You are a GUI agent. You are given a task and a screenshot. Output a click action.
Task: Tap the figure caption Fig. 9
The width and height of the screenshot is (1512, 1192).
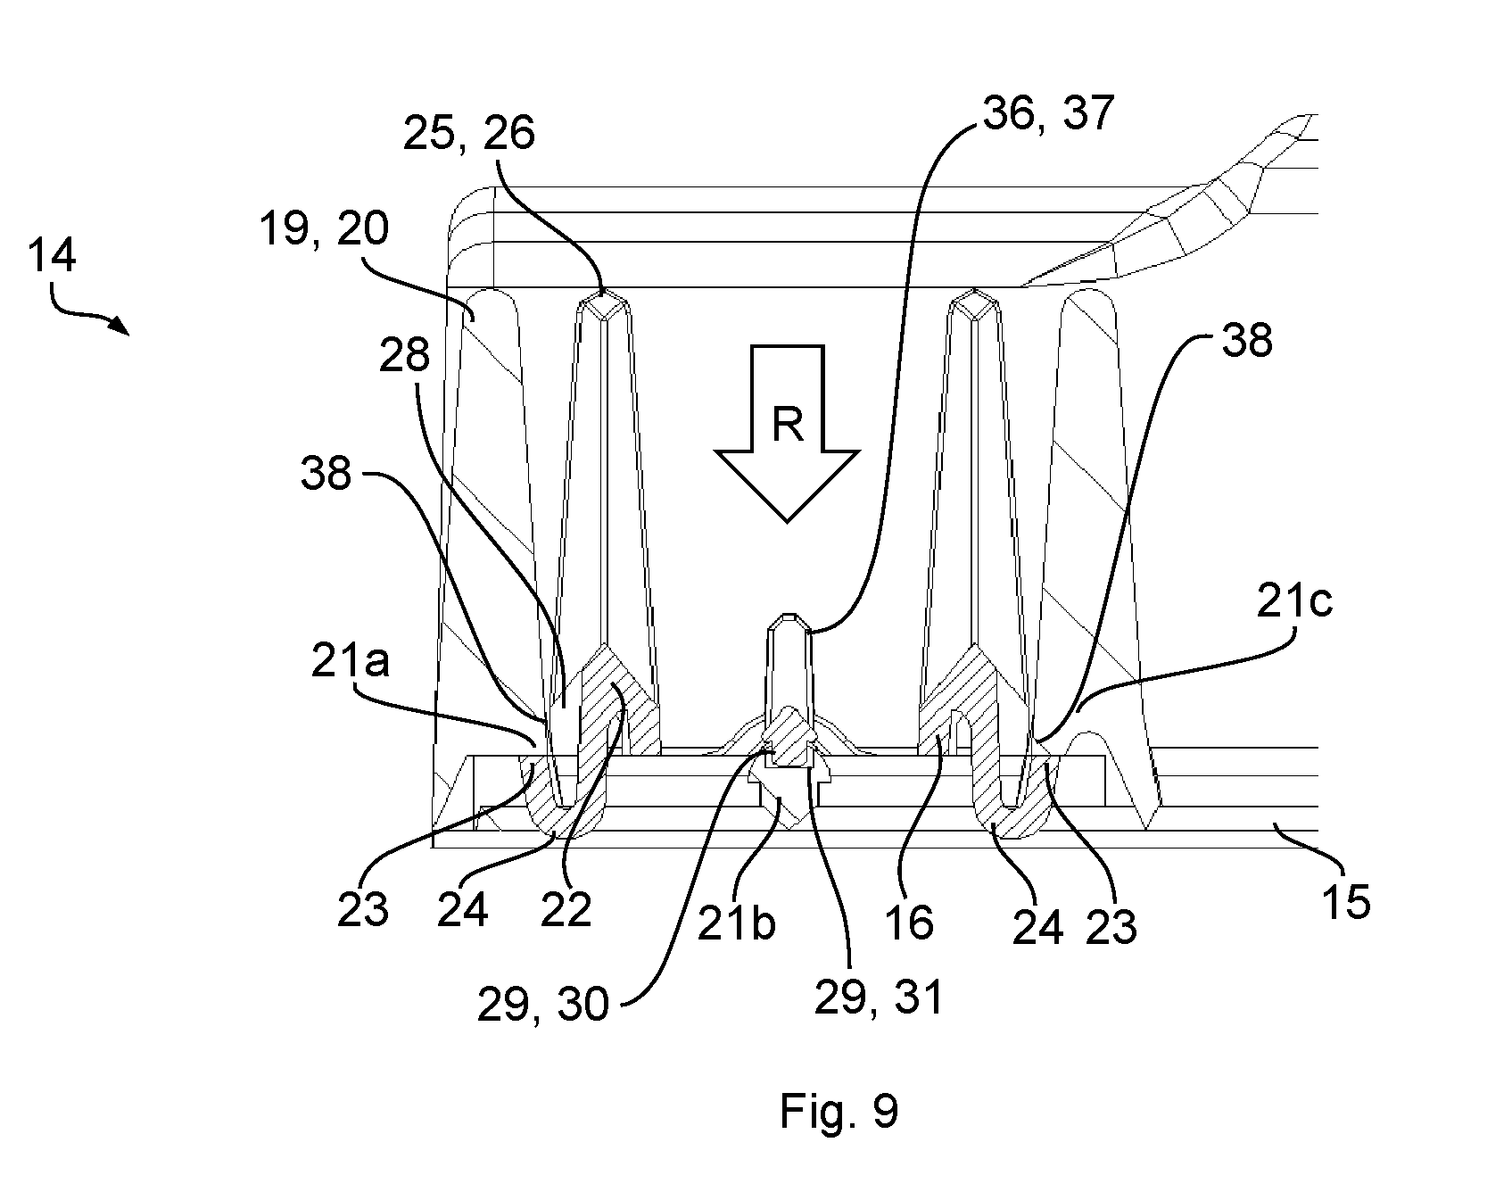839,1112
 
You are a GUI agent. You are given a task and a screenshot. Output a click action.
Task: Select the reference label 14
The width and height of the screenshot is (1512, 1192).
52,256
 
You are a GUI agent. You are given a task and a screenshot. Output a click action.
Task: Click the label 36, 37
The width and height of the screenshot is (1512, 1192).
1048,113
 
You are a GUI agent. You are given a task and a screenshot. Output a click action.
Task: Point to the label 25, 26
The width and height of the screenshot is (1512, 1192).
468,133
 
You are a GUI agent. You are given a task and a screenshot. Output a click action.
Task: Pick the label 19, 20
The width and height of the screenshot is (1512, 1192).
324,228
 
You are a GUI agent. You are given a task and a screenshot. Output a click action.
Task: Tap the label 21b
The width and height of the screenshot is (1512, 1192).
736,924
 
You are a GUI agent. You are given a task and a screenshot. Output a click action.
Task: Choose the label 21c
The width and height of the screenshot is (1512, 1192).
1294,603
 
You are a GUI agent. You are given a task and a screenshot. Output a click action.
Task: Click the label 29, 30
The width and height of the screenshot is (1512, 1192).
542,1006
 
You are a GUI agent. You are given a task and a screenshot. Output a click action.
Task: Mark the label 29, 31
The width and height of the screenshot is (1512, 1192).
879,997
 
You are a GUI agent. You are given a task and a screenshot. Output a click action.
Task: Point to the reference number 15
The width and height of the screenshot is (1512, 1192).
1346,903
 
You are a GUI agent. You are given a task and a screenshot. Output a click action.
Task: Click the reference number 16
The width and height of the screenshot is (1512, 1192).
910,923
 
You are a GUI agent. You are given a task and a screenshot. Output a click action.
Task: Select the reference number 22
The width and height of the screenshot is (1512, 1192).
566,910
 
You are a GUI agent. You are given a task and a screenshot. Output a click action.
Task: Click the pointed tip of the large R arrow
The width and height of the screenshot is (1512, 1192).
787,521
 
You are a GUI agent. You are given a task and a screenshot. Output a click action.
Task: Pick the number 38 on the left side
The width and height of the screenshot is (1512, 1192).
326,473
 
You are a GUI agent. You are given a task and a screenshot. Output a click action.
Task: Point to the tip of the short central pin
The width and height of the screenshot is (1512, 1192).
789,615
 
